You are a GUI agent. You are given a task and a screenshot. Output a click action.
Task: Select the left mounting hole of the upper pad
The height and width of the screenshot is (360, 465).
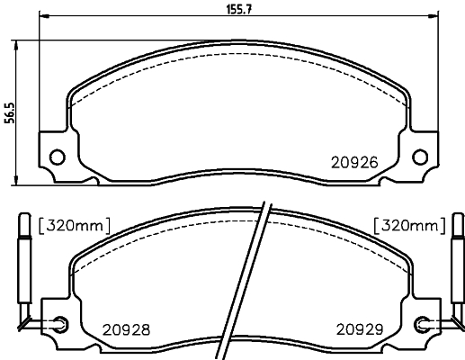click(56, 156)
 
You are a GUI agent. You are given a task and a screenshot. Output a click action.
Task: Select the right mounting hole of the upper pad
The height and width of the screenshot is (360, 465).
click(418, 156)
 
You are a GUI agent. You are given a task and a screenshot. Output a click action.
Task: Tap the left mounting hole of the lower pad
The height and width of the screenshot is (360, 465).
click(60, 322)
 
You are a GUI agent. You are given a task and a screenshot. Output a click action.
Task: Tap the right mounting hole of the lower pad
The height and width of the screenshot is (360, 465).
click(424, 322)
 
